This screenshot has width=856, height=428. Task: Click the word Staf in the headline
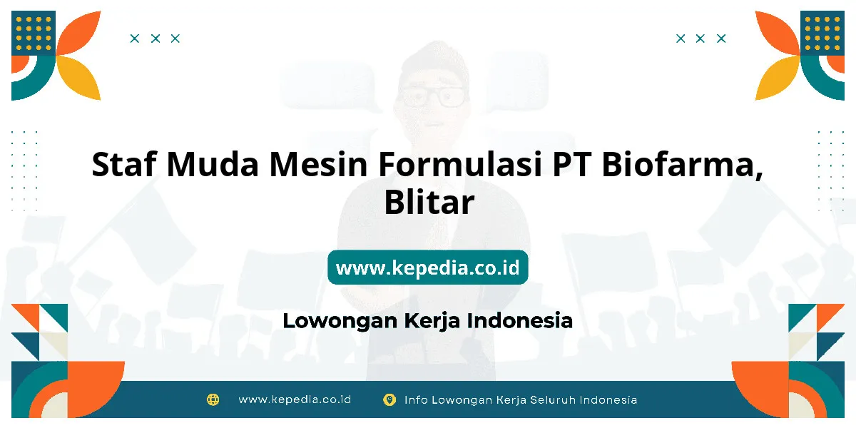[x=124, y=164]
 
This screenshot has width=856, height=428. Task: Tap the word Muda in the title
[x=213, y=164]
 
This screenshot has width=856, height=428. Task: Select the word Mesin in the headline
[x=318, y=164]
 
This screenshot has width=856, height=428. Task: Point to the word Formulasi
[x=460, y=164]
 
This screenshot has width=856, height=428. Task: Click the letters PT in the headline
[x=571, y=164]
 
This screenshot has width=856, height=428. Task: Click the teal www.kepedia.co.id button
[x=427, y=267]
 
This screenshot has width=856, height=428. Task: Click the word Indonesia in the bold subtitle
[x=520, y=320]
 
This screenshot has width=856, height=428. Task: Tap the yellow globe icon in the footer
[x=213, y=399]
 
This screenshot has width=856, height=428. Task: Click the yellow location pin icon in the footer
[x=389, y=399]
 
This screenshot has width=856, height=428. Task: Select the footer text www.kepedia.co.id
[x=295, y=399]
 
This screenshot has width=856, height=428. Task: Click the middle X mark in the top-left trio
[x=156, y=39]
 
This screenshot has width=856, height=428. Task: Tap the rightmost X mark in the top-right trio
[x=721, y=39]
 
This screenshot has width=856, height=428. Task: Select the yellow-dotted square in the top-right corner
[x=822, y=33]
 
